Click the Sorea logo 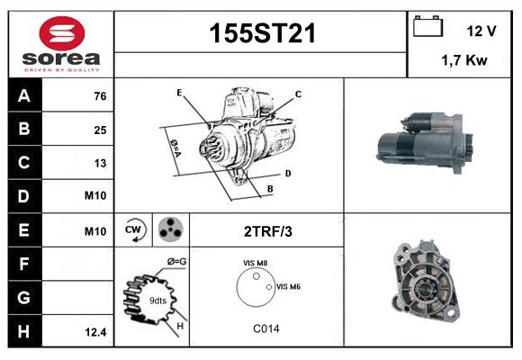[61, 46]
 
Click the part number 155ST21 [262, 33]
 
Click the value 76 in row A [100, 95]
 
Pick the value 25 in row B [100, 130]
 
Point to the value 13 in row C [100, 163]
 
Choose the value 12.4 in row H [95, 332]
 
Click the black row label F [23, 264]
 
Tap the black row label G [23, 297]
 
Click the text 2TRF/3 [267, 231]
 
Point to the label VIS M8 [256, 263]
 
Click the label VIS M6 [288, 286]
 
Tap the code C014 [265, 328]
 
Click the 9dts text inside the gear [157, 300]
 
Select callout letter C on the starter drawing [298, 94]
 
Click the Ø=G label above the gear [176, 262]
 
